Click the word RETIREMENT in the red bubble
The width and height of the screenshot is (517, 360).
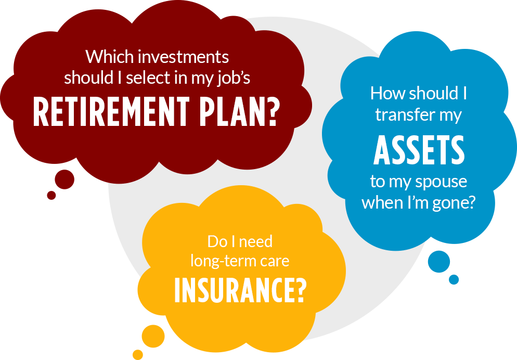[111, 112]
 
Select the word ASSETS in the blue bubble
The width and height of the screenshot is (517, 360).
[419, 150]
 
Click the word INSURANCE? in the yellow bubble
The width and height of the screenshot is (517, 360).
[240, 290]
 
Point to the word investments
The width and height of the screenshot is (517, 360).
[183, 57]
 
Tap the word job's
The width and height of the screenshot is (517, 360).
[234, 79]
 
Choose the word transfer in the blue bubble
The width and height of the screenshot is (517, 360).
[405, 115]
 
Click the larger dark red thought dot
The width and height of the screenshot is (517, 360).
[64, 179]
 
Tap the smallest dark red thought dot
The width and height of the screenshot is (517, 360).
[51, 195]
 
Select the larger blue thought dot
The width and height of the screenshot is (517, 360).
[439, 262]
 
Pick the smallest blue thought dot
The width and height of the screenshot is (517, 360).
[454, 279]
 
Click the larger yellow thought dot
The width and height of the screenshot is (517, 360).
[153, 336]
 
